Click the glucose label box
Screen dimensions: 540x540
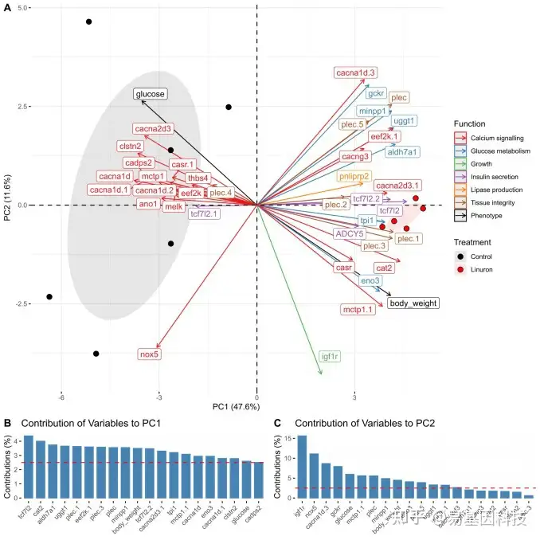[150, 94]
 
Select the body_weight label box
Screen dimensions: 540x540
[413, 303]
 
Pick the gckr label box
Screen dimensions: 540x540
[376, 93]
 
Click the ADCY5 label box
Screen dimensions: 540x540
[349, 234]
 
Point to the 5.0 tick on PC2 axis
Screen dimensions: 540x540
[24, 8]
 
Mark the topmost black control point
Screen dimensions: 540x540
[89, 22]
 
